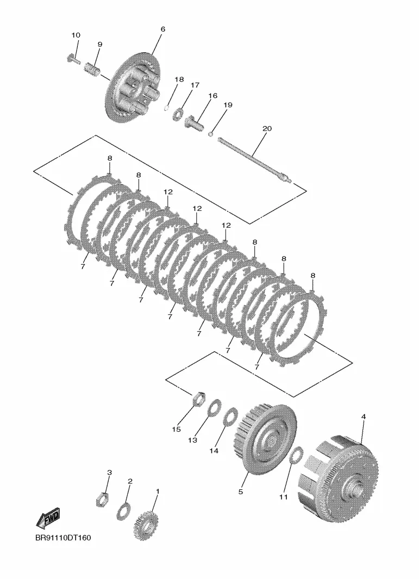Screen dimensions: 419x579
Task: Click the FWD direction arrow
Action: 48,518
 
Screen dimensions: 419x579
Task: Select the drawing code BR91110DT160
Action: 63,538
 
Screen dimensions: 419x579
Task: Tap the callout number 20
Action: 267,128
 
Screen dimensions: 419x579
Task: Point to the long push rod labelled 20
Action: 255,160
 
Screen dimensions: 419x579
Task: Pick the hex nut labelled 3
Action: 102,500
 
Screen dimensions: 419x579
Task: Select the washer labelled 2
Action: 123,510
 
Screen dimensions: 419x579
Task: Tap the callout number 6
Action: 163,29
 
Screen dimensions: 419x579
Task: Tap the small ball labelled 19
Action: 211,134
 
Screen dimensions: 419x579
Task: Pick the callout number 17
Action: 195,85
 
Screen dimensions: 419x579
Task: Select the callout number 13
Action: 192,440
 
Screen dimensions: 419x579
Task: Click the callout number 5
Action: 241,492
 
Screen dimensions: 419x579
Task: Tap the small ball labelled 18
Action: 166,108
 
